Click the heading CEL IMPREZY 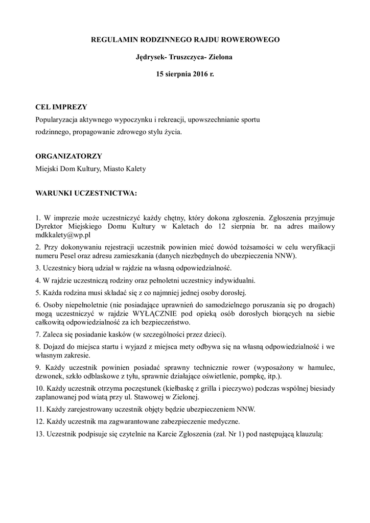[61, 107]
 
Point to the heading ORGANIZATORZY [68, 156]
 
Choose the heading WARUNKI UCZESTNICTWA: [86, 195]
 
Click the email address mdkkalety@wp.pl [63, 235]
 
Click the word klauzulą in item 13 [307, 434]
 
